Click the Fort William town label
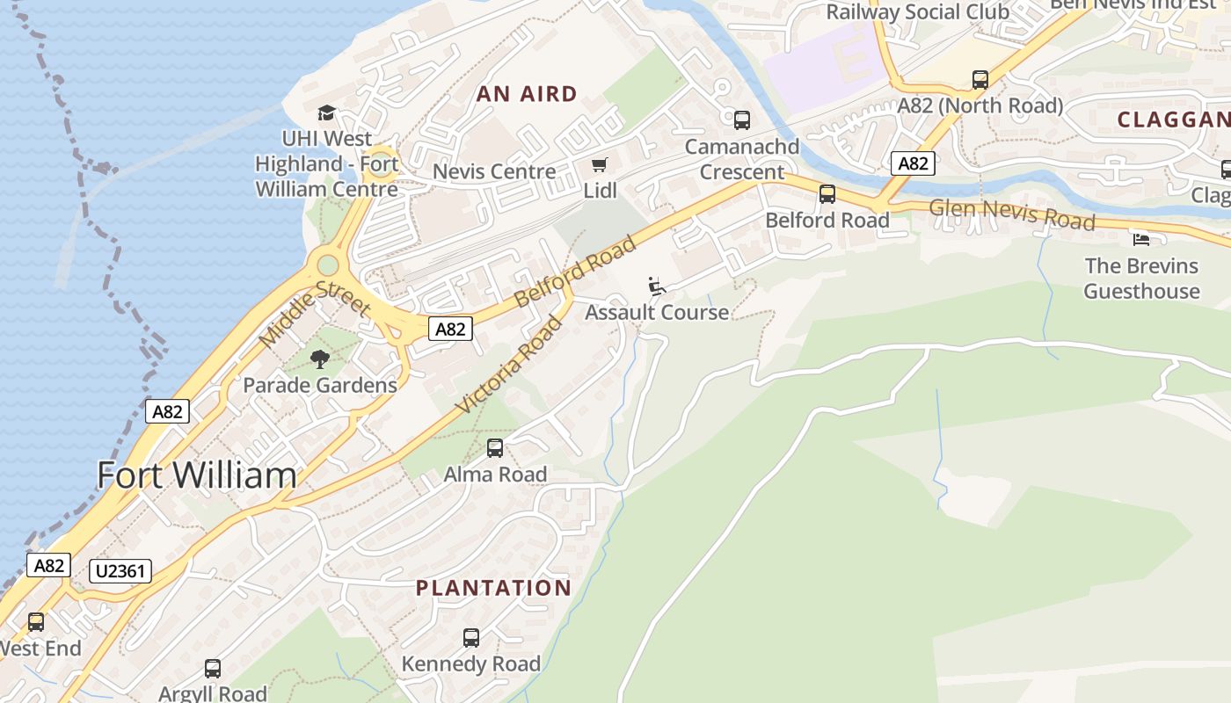pos(196,475)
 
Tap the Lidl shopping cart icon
pos(600,165)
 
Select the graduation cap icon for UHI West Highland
pos(326,112)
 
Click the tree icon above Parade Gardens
pos(320,359)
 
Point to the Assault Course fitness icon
pos(656,286)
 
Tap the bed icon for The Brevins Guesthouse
pos(1140,239)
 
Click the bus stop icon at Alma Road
pos(495,448)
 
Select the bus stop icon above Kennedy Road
pos(471,638)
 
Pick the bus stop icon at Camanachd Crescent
pos(742,120)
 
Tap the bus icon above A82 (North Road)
pos(980,80)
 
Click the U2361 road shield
pos(120,572)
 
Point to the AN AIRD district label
pos(527,94)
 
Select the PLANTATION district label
pos(493,588)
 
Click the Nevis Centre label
pos(494,171)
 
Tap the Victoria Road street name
pos(509,365)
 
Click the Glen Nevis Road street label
pos(1012,214)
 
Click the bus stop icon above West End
pos(36,622)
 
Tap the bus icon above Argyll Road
pos(213,669)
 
